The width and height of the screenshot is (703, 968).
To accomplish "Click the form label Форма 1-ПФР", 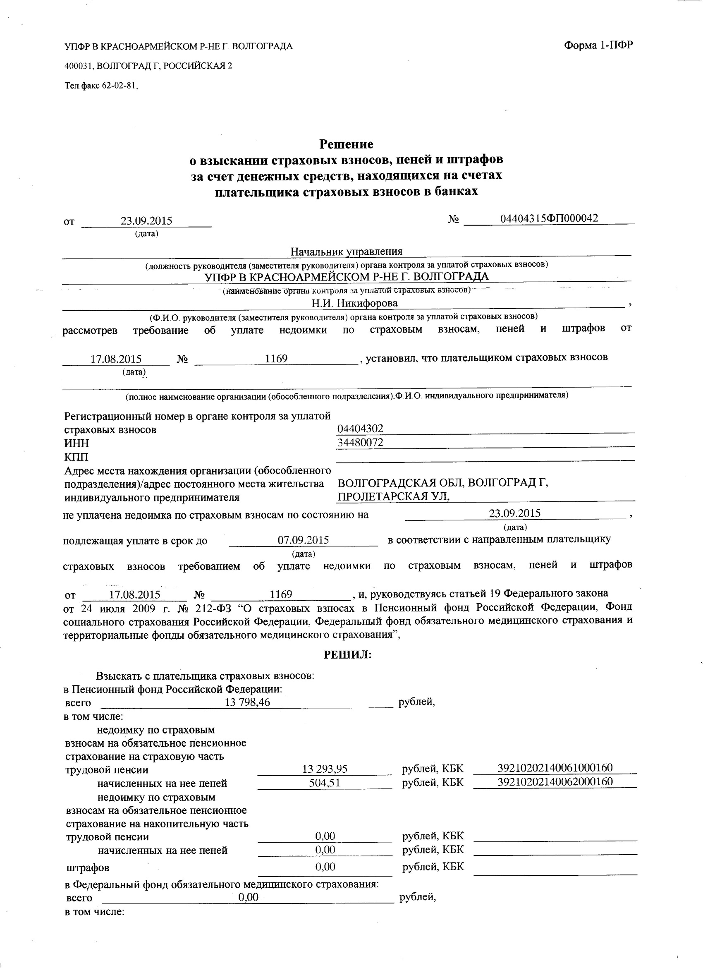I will [598, 45].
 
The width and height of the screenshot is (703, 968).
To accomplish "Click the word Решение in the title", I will [347, 144].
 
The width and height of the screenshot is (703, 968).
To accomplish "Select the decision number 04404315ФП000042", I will [549, 218].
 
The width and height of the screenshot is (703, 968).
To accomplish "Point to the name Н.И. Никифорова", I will [354, 303].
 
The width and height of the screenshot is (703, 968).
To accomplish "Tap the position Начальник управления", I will [347, 252].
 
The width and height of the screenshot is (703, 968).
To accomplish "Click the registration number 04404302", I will [360, 429].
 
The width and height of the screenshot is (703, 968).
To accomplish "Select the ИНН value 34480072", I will [360, 442].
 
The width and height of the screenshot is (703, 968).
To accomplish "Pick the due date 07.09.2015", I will [303, 540].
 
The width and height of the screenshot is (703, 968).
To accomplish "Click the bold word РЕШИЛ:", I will [348, 655].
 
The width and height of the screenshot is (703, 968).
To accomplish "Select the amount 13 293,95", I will [325, 769].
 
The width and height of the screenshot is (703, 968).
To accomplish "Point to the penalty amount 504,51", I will [325, 783].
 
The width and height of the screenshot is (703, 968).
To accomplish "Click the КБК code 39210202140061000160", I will [555, 768].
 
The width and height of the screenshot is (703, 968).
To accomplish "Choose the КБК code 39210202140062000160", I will [555, 781].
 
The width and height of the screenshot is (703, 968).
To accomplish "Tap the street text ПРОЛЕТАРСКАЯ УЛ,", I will [394, 497].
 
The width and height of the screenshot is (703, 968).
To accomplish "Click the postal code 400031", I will [79, 66].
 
